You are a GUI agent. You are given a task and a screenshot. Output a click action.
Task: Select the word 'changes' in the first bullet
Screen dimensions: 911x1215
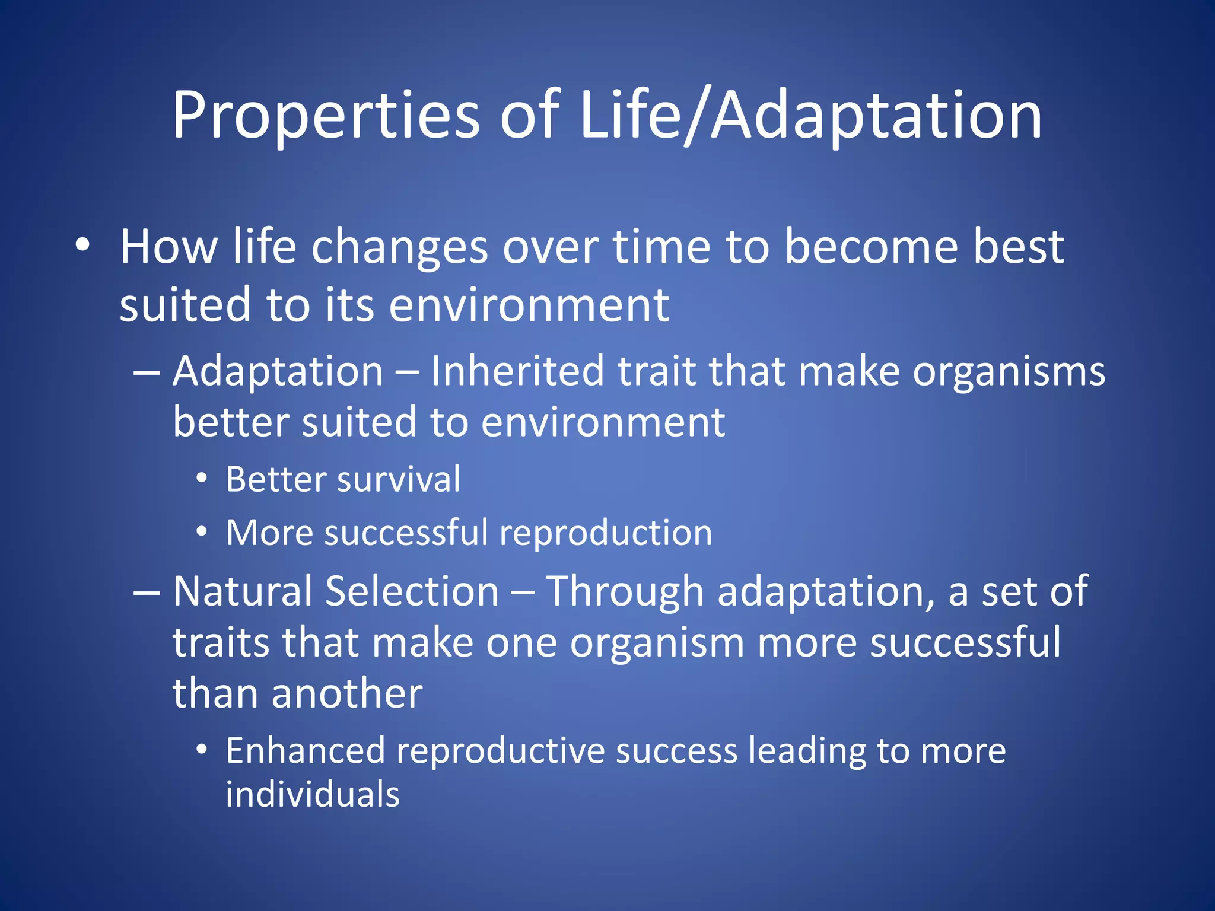point(399,248)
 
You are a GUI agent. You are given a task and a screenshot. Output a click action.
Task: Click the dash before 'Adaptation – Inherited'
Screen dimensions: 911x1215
point(147,372)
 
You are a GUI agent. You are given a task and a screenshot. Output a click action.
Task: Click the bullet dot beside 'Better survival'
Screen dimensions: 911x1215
point(202,478)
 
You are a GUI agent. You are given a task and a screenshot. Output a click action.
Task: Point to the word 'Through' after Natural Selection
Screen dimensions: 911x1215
point(624,593)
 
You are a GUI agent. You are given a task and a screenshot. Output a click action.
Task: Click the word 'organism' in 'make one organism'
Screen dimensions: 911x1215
point(657,643)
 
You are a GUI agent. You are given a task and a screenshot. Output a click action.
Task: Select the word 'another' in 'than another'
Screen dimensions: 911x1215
point(347,693)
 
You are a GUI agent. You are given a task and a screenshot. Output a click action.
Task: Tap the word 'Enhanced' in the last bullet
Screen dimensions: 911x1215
point(306,751)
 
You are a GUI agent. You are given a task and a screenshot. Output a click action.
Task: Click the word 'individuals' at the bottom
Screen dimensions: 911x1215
point(313,795)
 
